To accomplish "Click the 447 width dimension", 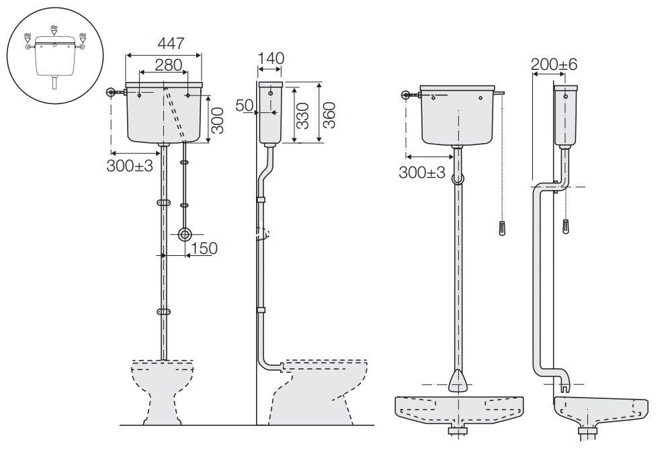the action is tap(171, 43).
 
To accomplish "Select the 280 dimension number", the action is tap(168, 65).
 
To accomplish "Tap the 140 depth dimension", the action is tap(271, 58).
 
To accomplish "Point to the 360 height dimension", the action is tap(329, 115).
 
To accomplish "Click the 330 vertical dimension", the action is tap(302, 116).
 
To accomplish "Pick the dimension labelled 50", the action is tap(245, 105).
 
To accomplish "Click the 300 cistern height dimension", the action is tap(217, 120).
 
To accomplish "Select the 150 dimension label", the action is tap(204, 249).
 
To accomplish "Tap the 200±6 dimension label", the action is tap(554, 64).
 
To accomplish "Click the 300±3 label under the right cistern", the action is tap(422, 173).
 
